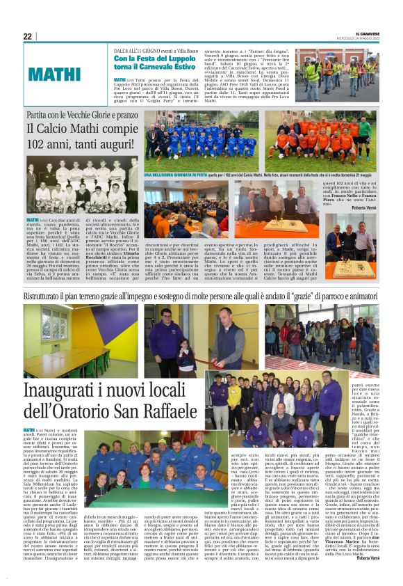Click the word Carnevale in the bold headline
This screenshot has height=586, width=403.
click(172, 70)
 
